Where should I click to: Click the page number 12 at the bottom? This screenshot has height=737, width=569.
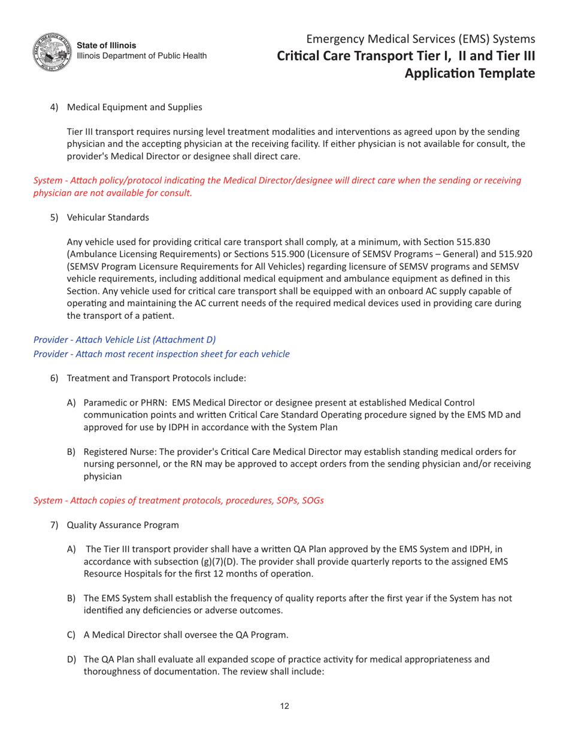click(284, 706)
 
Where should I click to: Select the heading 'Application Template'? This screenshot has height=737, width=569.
click(470, 73)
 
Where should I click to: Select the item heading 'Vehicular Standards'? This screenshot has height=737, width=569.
click(108, 218)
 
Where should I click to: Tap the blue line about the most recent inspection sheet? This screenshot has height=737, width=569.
click(161, 354)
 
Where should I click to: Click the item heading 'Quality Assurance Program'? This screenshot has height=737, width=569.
click(123, 525)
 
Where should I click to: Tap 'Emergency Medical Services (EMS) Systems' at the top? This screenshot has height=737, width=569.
click(420, 40)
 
